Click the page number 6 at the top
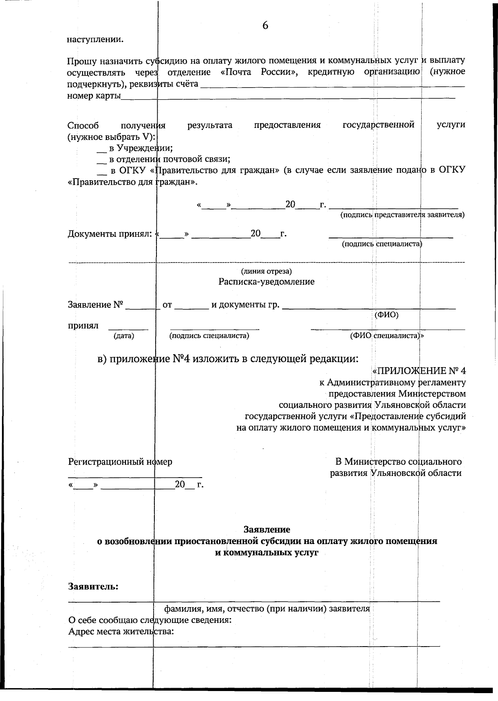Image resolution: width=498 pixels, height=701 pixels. pyautogui.click(x=265, y=26)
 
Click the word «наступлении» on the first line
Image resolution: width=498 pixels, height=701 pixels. pyautogui.click(x=95, y=40)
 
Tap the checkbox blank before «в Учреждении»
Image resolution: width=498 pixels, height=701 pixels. pyautogui.click(x=101, y=149)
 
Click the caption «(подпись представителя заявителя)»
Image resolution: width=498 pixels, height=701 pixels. pyautogui.click(x=402, y=215)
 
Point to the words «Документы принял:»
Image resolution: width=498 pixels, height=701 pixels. pyautogui.click(x=110, y=234)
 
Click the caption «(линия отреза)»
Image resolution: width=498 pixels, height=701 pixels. pyautogui.click(x=266, y=272)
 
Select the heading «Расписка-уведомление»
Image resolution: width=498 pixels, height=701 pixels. pyautogui.click(x=266, y=282)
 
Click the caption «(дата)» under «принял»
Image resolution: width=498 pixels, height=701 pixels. pyautogui.click(x=124, y=336)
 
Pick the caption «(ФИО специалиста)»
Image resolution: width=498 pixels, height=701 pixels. pyautogui.click(x=386, y=336)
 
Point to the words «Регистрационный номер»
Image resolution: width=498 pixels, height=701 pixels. pyautogui.click(x=120, y=462)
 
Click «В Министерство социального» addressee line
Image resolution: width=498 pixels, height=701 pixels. pyautogui.click(x=398, y=462)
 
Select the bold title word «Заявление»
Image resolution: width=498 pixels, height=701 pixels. pyautogui.click(x=266, y=529)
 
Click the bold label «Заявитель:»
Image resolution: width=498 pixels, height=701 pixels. pyautogui.click(x=93, y=587)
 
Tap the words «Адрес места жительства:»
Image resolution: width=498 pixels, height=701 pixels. pyautogui.click(x=120, y=632)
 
